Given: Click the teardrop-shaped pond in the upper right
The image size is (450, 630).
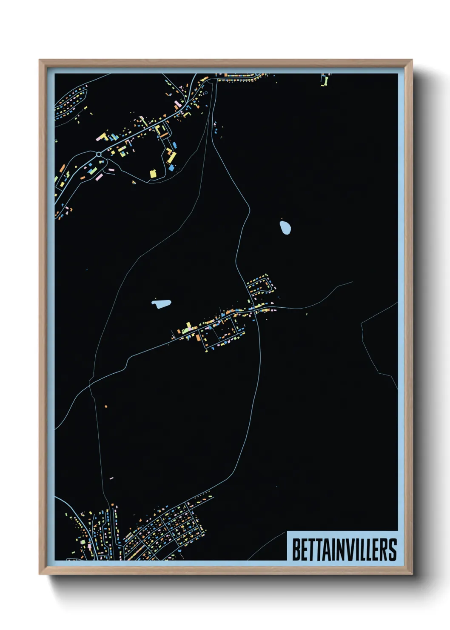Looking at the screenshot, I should point(285,227).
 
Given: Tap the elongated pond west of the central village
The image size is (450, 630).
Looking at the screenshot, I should point(161,304).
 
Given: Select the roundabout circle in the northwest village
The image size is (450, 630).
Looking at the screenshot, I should point(99,154).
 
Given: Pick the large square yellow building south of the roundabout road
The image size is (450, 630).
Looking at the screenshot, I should point(153,173).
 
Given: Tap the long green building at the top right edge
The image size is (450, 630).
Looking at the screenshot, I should point(325,80).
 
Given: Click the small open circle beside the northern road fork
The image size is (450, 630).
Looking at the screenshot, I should point(206,93).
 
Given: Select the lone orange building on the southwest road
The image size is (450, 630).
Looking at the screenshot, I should point(106,407).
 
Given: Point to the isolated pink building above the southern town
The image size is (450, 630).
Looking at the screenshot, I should point(111,478).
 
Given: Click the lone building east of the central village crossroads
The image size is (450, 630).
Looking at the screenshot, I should point(307,314).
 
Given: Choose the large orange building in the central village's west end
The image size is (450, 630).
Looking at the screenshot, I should point(198,337).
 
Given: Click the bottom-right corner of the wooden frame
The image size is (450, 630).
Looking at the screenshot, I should point(412,574).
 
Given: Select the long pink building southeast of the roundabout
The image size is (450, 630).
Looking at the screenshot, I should point(99,176).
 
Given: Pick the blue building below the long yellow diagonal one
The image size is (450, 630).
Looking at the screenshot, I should point(171,168).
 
